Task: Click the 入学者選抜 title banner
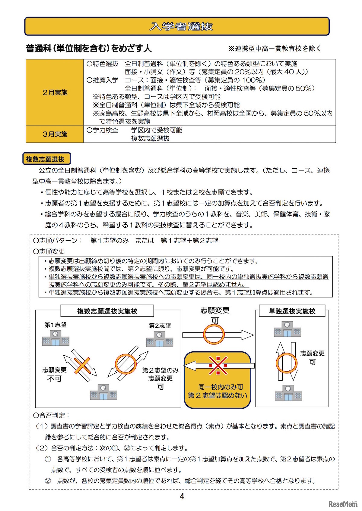click(177, 26)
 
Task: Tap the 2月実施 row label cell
click(55, 92)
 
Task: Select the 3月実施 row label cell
click(55, 134)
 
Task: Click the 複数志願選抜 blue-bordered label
click(46, 159)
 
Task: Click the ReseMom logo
click(343, 504)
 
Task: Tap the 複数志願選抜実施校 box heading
click(107, 311)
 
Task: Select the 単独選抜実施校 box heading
click(292, 311)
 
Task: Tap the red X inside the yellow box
click(218, 366)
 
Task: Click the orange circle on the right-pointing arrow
click(214, 334)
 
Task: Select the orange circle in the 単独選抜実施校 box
click(286, 363)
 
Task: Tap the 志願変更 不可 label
click(55, 374)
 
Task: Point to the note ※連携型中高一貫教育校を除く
click(275, 48)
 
